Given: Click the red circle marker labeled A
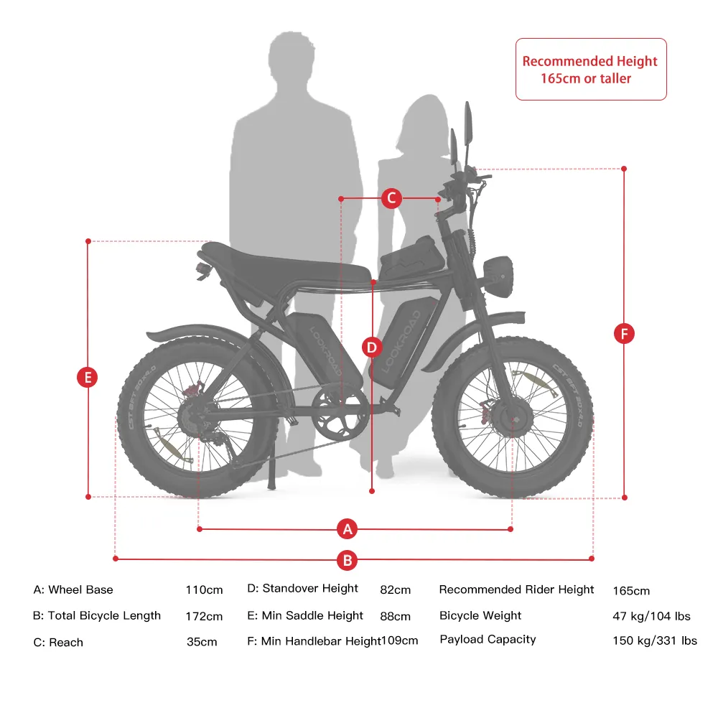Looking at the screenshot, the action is pyautogui.click(x=347, y=529).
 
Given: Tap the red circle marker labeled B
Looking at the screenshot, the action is pyautogui.click(x=347, y=560).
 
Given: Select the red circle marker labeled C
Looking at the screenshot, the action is pyautogui.click(x=391, y=198).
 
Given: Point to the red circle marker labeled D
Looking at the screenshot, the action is pyautogui.click(x=372, y=348).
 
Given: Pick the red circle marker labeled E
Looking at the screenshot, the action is pyautogui.click(x=88, y=378).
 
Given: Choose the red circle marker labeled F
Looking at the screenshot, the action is pyautogui.click(x=624, y=333).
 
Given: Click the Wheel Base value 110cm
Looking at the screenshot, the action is pyautogui.click(x=204, y=589).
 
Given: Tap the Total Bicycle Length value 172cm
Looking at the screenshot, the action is pyautogui.click(x=204, y=616).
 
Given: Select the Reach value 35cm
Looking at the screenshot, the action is pyautogui.click(x=202, y=642).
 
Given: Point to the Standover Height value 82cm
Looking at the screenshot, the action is pyautogui.click(x=395, y=589).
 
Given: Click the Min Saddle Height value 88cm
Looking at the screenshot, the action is pyautogui.click(x=395, y=616).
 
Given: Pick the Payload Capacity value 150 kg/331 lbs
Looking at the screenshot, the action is pyautogui.click(x=655, y=640).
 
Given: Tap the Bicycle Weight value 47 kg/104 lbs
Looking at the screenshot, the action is pyautogui.click(x=652, y=616).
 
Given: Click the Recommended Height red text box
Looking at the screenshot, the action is pyautogui.click(x=591, y=69).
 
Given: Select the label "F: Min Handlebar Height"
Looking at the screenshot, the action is pyautogui.click(x=314, y=641).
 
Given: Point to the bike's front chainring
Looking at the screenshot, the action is pyautogui.click(x=340, y=414).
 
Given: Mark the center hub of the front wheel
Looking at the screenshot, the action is pyautogui.click(x=515, y=418).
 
